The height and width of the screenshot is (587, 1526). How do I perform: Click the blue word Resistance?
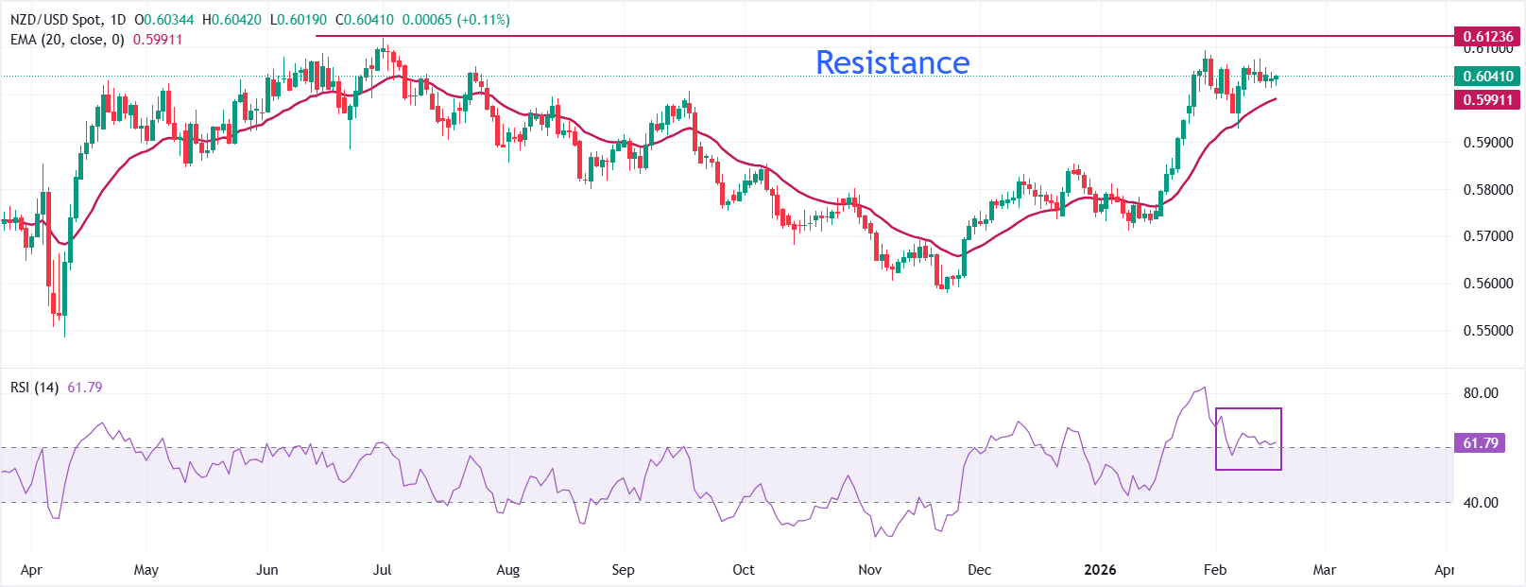click(x=892, y=62)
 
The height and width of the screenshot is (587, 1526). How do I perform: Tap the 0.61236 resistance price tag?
click(x=1487, y=37)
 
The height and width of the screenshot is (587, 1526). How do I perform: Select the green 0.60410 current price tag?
click(x=1487, y=77)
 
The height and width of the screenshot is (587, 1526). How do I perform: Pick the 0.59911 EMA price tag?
click(x=1487, y=100)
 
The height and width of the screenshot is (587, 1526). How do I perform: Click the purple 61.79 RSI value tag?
click(x=1481, y=443)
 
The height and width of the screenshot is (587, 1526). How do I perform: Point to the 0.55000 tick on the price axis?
click(x=1488, y=331)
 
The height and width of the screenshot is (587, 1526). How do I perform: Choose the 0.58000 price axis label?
click(x=1488, y=190)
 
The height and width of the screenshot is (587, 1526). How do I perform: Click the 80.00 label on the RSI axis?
click(x=1481, y=393)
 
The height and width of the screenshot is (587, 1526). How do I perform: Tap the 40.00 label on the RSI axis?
click(x=1481, y=503)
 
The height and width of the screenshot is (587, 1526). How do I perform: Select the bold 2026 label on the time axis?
click(x=1100, y=570)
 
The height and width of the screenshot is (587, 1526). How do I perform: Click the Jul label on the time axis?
click(x=382, y=570)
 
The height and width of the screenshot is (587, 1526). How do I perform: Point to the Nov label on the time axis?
click(x=869, y=570)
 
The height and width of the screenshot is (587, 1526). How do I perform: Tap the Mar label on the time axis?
click(x=1325, y=570)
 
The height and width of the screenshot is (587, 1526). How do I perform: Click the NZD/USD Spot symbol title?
click(x=67, y=20)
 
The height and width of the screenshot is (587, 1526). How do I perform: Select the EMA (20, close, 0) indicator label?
click(x=67, y=40)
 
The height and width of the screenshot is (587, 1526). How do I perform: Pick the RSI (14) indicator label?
click(x=35, y=388)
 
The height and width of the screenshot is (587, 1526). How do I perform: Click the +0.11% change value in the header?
click(x=483, y=20)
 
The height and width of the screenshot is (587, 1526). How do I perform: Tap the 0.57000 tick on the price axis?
click(x=1488, y=236)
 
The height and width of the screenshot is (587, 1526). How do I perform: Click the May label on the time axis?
click(x=146, y=570)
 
